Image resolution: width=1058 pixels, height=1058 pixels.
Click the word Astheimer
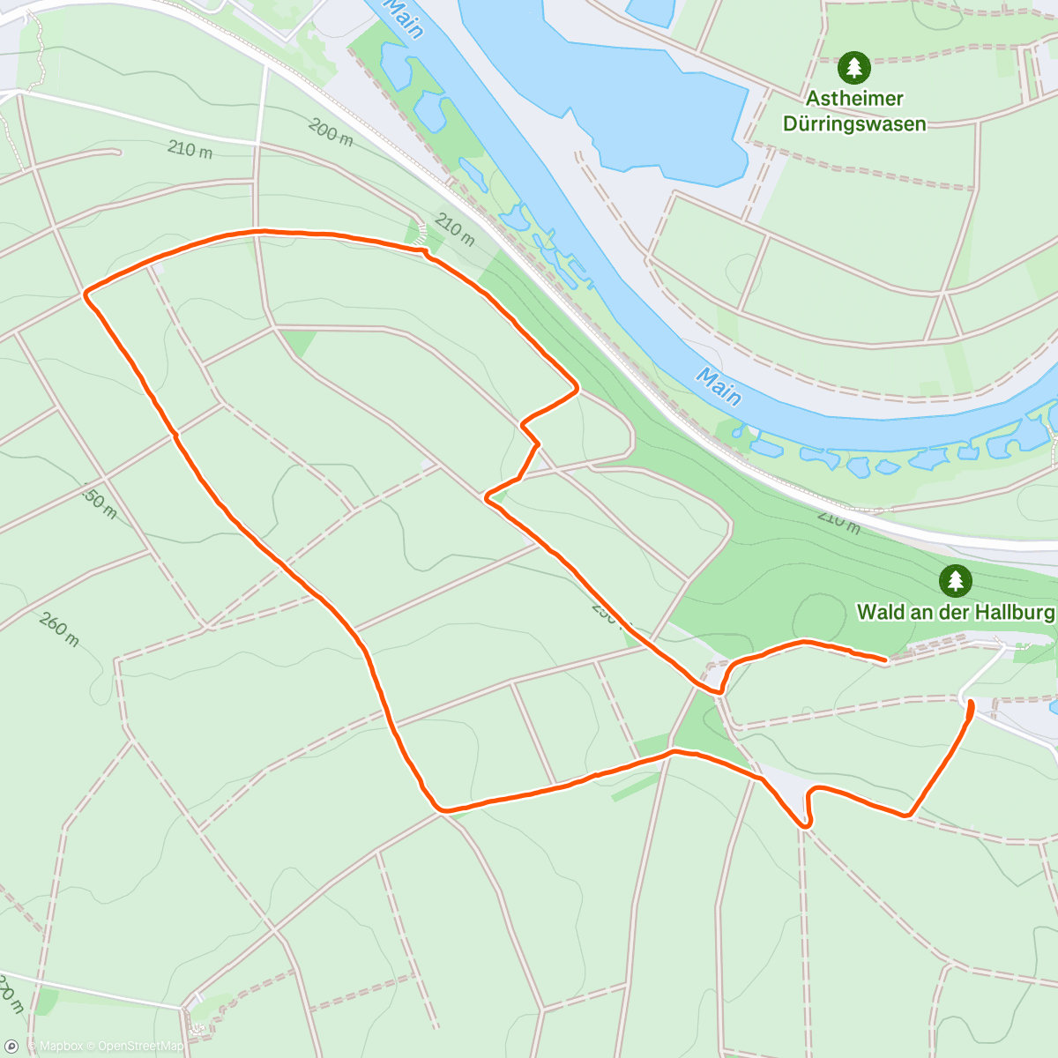coord(854,99)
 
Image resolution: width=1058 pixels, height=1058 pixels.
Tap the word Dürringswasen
coord(854,123)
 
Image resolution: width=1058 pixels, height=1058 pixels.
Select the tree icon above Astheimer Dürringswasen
coord(853,67)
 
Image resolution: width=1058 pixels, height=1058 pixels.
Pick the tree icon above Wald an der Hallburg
coord(955,580)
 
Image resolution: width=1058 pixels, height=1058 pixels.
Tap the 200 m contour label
coord(331,132)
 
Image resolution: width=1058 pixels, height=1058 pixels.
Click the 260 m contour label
coord(59,630)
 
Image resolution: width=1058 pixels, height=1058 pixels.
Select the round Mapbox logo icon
coord(11,1047)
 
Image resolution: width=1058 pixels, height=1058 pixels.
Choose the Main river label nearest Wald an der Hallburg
coord(718,386)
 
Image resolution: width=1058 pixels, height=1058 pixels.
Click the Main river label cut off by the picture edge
coord(405,18)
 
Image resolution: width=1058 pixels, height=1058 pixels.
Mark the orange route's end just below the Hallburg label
coord(884,659)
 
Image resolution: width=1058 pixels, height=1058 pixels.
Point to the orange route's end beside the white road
coord(971,702)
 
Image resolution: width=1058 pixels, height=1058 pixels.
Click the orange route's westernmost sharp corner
coord(86,294)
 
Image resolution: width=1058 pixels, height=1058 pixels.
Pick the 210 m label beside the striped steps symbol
coord(454,231)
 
